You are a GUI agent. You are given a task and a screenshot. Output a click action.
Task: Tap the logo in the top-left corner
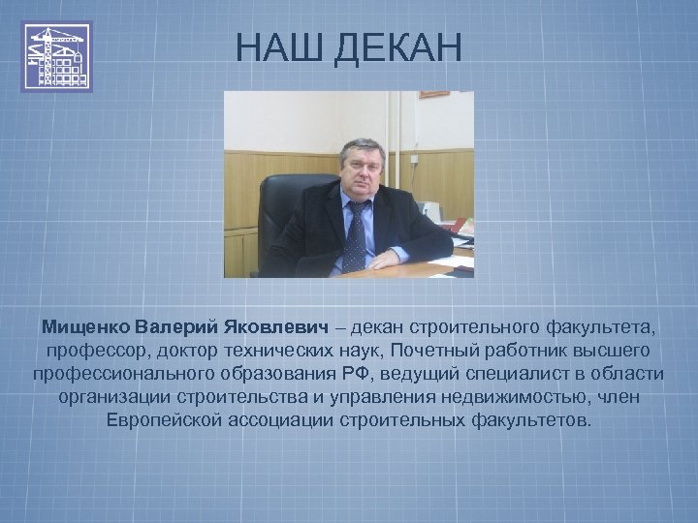pyautogui.click(x=57, y=57)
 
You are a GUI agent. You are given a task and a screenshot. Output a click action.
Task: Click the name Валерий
pyautogui.click(x=176, y=322)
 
